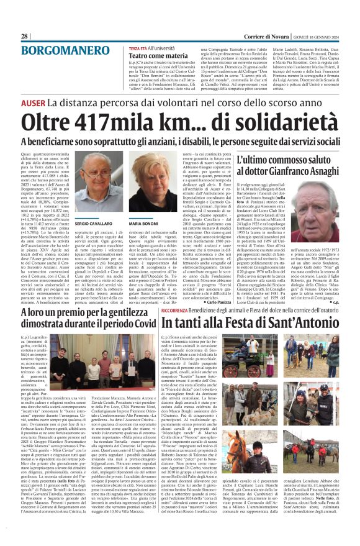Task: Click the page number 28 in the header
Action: [25, 37]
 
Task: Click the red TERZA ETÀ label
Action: [138, 48]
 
